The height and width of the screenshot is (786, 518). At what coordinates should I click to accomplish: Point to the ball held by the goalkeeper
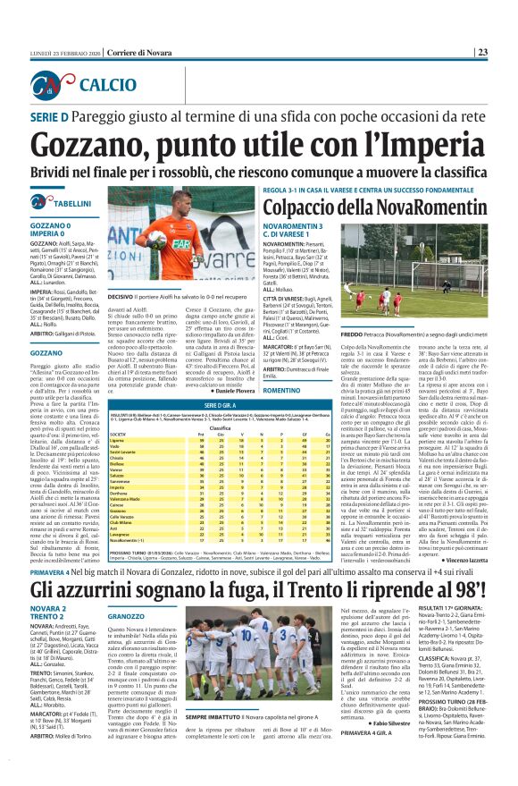(x=153, y=239)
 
